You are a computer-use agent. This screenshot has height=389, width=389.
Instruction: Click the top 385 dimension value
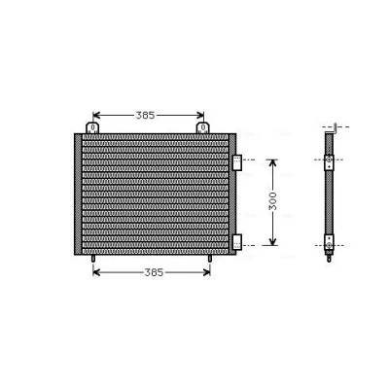click(145, 115)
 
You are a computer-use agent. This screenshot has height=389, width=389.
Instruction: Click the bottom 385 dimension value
click(154, 272)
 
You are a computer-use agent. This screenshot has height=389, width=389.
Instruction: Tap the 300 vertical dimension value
click(273, 201)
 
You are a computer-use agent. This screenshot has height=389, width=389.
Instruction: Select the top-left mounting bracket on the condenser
click(92, 127)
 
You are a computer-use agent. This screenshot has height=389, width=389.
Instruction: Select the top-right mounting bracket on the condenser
click(203, 127)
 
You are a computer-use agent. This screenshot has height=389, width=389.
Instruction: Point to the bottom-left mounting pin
click(93, 259)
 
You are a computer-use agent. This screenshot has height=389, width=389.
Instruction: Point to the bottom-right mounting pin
click(210, 259)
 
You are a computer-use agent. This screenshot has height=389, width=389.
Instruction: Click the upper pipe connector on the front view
click(237, 162)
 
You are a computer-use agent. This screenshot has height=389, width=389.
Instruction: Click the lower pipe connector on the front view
click(237, 242)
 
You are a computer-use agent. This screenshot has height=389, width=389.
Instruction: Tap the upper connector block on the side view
click(329, 162)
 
